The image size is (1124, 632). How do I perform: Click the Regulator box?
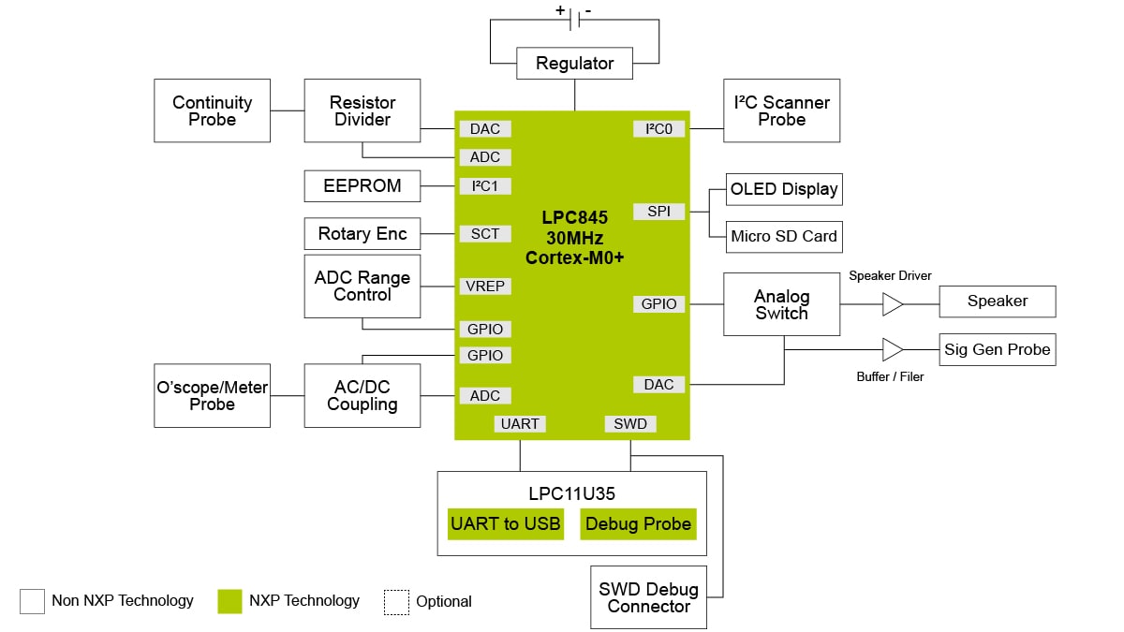[x=574, y=64]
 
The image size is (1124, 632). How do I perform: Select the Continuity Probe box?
[x=212, y=110]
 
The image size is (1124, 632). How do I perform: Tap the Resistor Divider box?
[x=362, y=110]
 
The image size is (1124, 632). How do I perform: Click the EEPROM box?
[x=362, y=185]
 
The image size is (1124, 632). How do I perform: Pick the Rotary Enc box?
[x=362, y=233]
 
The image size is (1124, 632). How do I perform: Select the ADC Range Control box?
[x=362, y=286]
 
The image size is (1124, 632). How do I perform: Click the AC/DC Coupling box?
[x=362, y=395]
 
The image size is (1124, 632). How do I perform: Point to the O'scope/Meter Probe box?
[x=212, y=395]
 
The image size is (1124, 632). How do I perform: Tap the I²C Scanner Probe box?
[x=781, y=110]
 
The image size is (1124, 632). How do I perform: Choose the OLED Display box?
[x=784, y=189]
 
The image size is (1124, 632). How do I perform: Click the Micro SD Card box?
[x=784, y=236]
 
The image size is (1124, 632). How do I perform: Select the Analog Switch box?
[x=781, y=304]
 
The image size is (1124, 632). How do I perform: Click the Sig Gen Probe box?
[x=998, y=349]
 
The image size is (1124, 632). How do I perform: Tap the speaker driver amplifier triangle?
[x=893, y=304]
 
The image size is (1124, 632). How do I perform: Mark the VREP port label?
[x=485, y=287]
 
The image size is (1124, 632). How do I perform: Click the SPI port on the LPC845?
[x=658, y=212]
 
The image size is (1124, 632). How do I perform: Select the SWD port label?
[x=630, y=424]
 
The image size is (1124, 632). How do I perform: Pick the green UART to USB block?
[x=506, y=524]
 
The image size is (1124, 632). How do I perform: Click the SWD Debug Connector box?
[x=648, y=597]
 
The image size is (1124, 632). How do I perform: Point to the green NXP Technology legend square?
[x=229, y=601]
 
